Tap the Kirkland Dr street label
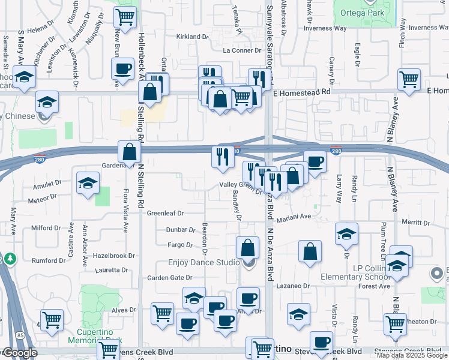tap(192, 37)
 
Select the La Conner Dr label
tap(243, 51)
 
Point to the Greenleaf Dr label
tap(165, 213)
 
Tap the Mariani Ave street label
tap(295, 217)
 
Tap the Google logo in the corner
tap(19, 353)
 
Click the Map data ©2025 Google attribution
tap(412, 355)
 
